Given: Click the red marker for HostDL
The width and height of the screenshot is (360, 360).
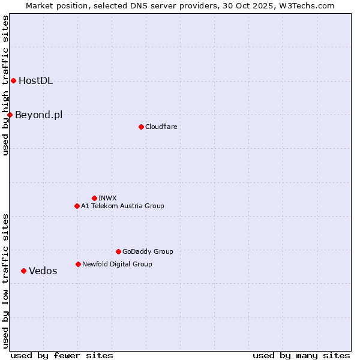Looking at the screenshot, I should click(x=13, y=80).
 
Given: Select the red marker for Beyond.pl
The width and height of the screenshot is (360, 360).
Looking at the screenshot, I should click(x=10, y=115).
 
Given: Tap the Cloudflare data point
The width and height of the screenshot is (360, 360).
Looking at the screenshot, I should click(x=141, y=127).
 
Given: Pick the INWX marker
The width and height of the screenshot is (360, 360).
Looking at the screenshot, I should click(x=94, y=198).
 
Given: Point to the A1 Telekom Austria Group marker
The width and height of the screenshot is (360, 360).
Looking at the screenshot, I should click(x=77, y=206).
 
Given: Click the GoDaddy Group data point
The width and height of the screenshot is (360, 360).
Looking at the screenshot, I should click(x=118, y=251).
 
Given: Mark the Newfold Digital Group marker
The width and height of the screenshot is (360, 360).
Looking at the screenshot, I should click(x=78, y=264).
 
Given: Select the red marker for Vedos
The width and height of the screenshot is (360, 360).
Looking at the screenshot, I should click(x=23, y=271).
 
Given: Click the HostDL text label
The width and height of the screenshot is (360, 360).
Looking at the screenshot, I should click(x=35, y=81).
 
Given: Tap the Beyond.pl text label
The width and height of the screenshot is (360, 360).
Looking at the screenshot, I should click(x=38, y=115).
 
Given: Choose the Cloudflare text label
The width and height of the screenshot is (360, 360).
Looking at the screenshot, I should click(x=161, y=127).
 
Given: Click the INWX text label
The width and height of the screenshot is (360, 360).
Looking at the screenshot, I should click(x=107, y=199).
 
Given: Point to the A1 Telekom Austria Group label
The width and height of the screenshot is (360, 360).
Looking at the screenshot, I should click(x=122, y=206).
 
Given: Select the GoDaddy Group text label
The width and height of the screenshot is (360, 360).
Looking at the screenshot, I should click(x=148, y=252).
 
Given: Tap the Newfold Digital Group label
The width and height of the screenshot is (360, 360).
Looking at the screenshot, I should click(x=117, y=265).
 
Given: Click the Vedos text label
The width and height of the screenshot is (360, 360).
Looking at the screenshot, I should click(x=43, y=271).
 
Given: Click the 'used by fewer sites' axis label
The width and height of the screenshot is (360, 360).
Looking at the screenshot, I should click(x=62, y=356).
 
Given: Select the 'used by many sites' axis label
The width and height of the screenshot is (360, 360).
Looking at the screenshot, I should click(x=301, y=356).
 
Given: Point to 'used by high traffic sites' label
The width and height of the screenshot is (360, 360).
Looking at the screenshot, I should click(x=6, y=86).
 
